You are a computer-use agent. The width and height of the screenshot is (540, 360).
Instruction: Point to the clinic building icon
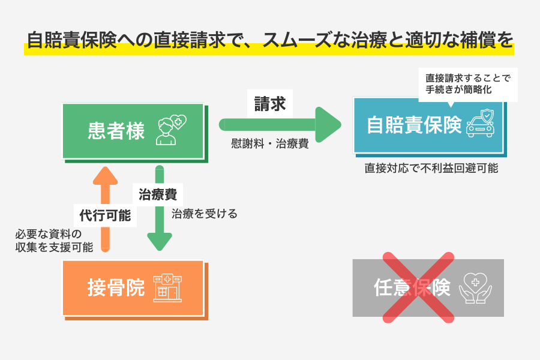[x=167, y=288]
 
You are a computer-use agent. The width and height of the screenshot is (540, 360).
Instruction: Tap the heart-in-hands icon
[x=475, y=288]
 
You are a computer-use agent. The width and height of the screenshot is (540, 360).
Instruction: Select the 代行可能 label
[x=106, y=215]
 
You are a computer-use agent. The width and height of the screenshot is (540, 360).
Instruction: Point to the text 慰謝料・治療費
[x=269, y=144]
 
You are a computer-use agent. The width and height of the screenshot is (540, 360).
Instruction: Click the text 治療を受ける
[x=205, y=213]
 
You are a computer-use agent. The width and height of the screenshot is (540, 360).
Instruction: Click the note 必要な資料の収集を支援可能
[x=54, y=240]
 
